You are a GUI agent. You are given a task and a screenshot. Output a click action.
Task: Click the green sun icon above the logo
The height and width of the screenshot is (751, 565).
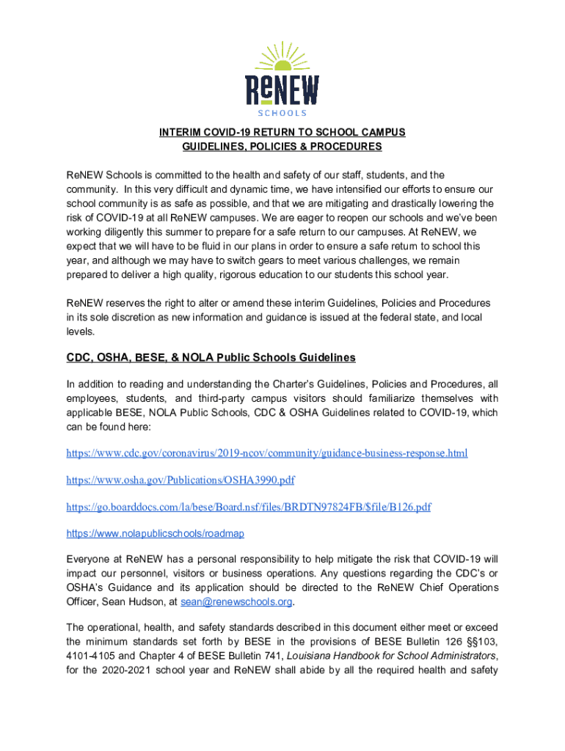(282, 54)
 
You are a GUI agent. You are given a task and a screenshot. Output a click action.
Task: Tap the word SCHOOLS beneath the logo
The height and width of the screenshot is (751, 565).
(282, 113)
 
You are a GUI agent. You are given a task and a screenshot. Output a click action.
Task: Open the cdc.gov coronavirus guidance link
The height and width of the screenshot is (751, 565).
(267, 453)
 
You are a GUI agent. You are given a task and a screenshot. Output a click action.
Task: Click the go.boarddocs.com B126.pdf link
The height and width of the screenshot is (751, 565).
(249, 507)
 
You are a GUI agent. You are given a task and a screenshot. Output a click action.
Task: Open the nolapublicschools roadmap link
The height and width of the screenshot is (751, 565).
(156, 533)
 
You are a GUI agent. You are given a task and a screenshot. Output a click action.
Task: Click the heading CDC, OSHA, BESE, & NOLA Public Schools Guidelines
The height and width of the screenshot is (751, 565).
(211, 357)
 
